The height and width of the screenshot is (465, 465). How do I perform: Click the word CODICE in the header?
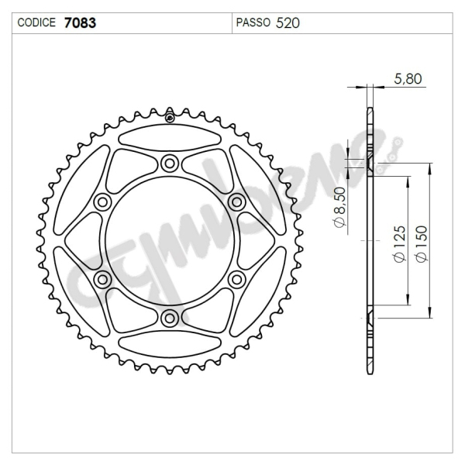coord(36,23)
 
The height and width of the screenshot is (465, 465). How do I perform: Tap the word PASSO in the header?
coord(253,23)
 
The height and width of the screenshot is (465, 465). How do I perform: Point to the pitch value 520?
coord(288,23)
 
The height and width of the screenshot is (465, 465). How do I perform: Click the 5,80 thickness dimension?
coord(408,78)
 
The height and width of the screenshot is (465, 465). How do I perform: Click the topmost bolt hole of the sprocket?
coord(169,163)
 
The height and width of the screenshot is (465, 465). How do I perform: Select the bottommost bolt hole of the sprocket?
coord(169,317)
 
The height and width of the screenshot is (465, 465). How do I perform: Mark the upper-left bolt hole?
coord(102,202)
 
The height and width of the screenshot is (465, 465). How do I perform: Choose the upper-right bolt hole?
coord(236,201)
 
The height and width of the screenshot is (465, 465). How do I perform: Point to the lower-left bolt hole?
coord(102,278)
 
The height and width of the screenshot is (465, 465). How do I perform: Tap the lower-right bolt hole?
coord(236,278)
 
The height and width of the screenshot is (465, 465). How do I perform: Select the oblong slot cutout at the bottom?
coord(169,342)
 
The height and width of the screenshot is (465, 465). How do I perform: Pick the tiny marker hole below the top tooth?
coord(169,119)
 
